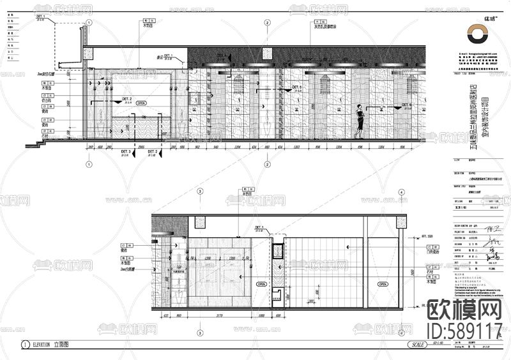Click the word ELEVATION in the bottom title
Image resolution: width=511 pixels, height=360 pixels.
[38, 344]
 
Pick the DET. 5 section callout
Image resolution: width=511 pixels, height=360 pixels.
[296, 87]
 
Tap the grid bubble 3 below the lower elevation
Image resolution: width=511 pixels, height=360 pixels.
[200, 333]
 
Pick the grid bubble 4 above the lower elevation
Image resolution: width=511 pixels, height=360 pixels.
[402, 191]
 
